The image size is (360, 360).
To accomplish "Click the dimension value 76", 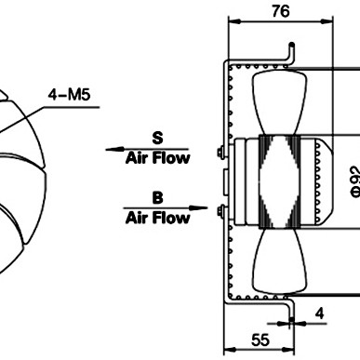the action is (281, 11).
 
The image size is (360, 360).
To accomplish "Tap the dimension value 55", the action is (260, 340).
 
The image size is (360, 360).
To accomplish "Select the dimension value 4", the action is (319, 313).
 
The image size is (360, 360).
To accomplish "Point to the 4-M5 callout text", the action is (69, 95).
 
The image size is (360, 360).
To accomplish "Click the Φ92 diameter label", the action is (355, 182).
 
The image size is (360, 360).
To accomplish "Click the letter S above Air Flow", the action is (157, 139).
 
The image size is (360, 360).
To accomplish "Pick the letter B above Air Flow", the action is (157, 197).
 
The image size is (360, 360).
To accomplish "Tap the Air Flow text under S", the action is (157, 158).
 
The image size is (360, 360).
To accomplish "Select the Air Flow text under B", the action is (157, 218).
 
